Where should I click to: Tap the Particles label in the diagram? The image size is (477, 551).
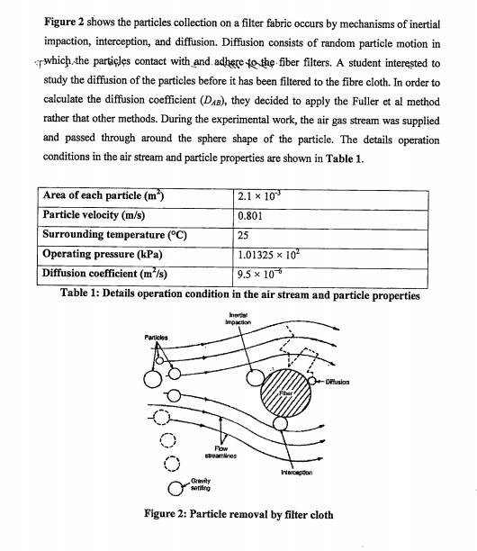click(x=157, y=338)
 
